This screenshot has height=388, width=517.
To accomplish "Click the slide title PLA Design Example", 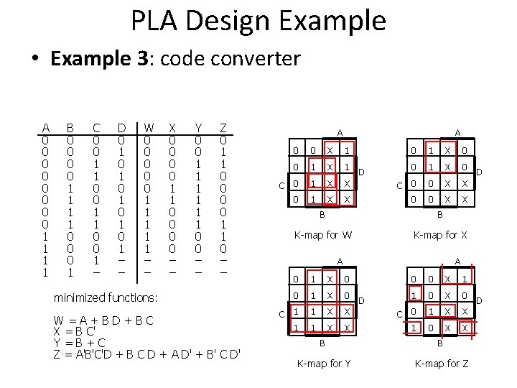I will tap(258, 21).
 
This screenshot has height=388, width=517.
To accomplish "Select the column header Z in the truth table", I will tap(223, 128).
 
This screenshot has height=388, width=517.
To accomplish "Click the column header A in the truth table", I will tap(46, 128).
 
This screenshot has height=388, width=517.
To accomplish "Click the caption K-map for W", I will tap(322, 235).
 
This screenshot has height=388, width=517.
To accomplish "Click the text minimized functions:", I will tap(106, 297).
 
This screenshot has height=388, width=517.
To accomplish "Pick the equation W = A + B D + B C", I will tap(103, 320).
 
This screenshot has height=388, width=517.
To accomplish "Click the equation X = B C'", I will tap(74, 331).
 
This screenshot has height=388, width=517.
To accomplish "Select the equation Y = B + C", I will tap(80, 343).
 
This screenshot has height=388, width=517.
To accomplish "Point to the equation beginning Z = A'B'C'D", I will tap(147, 354).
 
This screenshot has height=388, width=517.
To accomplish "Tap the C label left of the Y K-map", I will tap(281, 314).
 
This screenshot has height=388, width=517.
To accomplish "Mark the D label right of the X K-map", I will tap(479, 172).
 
